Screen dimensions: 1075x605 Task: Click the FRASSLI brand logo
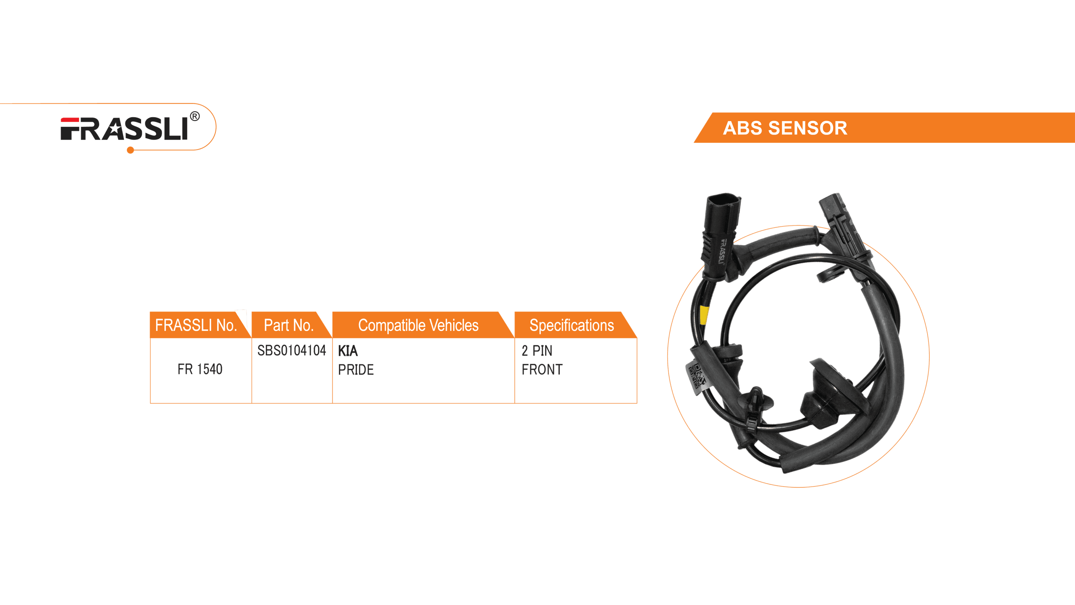124,129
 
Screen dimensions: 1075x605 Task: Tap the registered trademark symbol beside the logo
195,116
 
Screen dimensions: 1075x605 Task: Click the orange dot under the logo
131,150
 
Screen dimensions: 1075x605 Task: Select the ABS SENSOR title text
785,128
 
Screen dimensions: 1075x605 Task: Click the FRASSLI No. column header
196,325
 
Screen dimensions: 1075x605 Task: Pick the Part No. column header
288,325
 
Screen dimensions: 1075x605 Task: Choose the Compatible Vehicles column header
418,325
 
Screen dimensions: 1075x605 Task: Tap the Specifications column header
572,325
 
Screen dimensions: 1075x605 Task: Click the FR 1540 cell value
200,369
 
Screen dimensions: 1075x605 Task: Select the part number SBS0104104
291,350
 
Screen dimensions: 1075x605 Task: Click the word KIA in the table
348,351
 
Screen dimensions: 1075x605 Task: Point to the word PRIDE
356,370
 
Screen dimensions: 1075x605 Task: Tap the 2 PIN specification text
537,350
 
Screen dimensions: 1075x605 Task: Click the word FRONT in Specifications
542,369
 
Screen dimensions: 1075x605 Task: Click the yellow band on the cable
704,316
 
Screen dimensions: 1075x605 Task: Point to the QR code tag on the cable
697,376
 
